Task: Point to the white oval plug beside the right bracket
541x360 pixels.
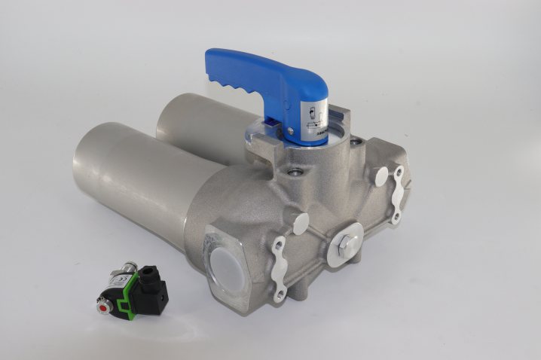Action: click(x=381, y=178)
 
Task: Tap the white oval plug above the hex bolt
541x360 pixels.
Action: click(x=301, y=222)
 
